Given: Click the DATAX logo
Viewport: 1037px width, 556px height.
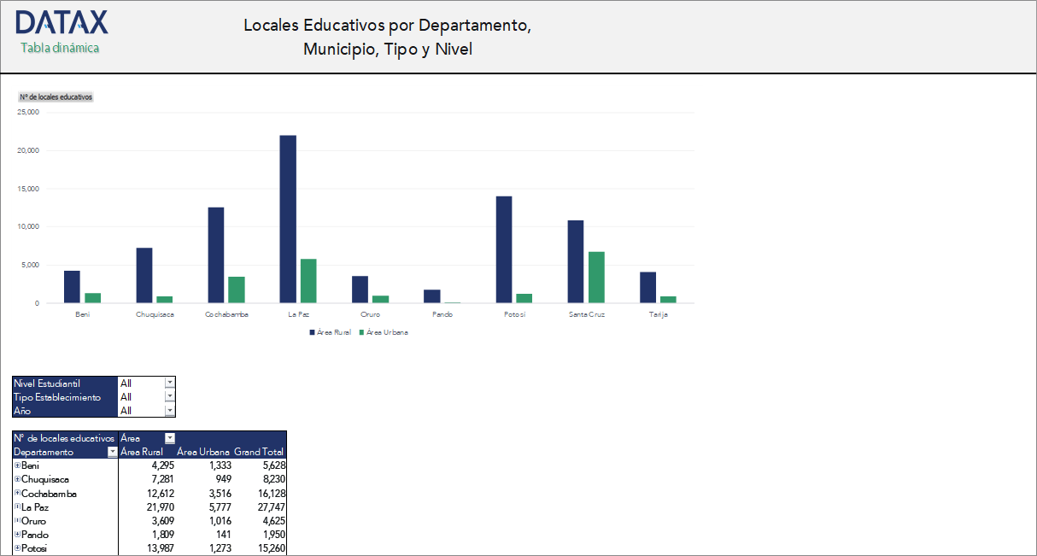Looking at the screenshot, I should (62, 23).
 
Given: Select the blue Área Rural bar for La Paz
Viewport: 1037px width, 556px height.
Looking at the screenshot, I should (288, 219).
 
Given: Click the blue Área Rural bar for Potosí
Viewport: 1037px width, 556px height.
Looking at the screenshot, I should (504, 249).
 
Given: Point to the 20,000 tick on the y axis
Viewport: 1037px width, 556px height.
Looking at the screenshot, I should (28, 150).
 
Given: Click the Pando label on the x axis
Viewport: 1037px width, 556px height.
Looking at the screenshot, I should (442, 314).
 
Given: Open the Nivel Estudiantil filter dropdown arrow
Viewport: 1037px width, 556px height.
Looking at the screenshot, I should (169, 383).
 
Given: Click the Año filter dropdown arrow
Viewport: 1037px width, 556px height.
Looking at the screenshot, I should (169, 411).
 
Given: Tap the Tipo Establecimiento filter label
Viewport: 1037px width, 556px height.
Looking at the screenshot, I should (57, 397).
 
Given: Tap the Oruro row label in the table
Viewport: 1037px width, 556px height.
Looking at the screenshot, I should (34, 521).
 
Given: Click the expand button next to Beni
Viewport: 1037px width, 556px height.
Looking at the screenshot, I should (17, 465).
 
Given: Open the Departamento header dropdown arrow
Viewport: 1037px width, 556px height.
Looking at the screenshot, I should (111, 452).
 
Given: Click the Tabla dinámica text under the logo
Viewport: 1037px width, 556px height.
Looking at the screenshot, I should (60, 48).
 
